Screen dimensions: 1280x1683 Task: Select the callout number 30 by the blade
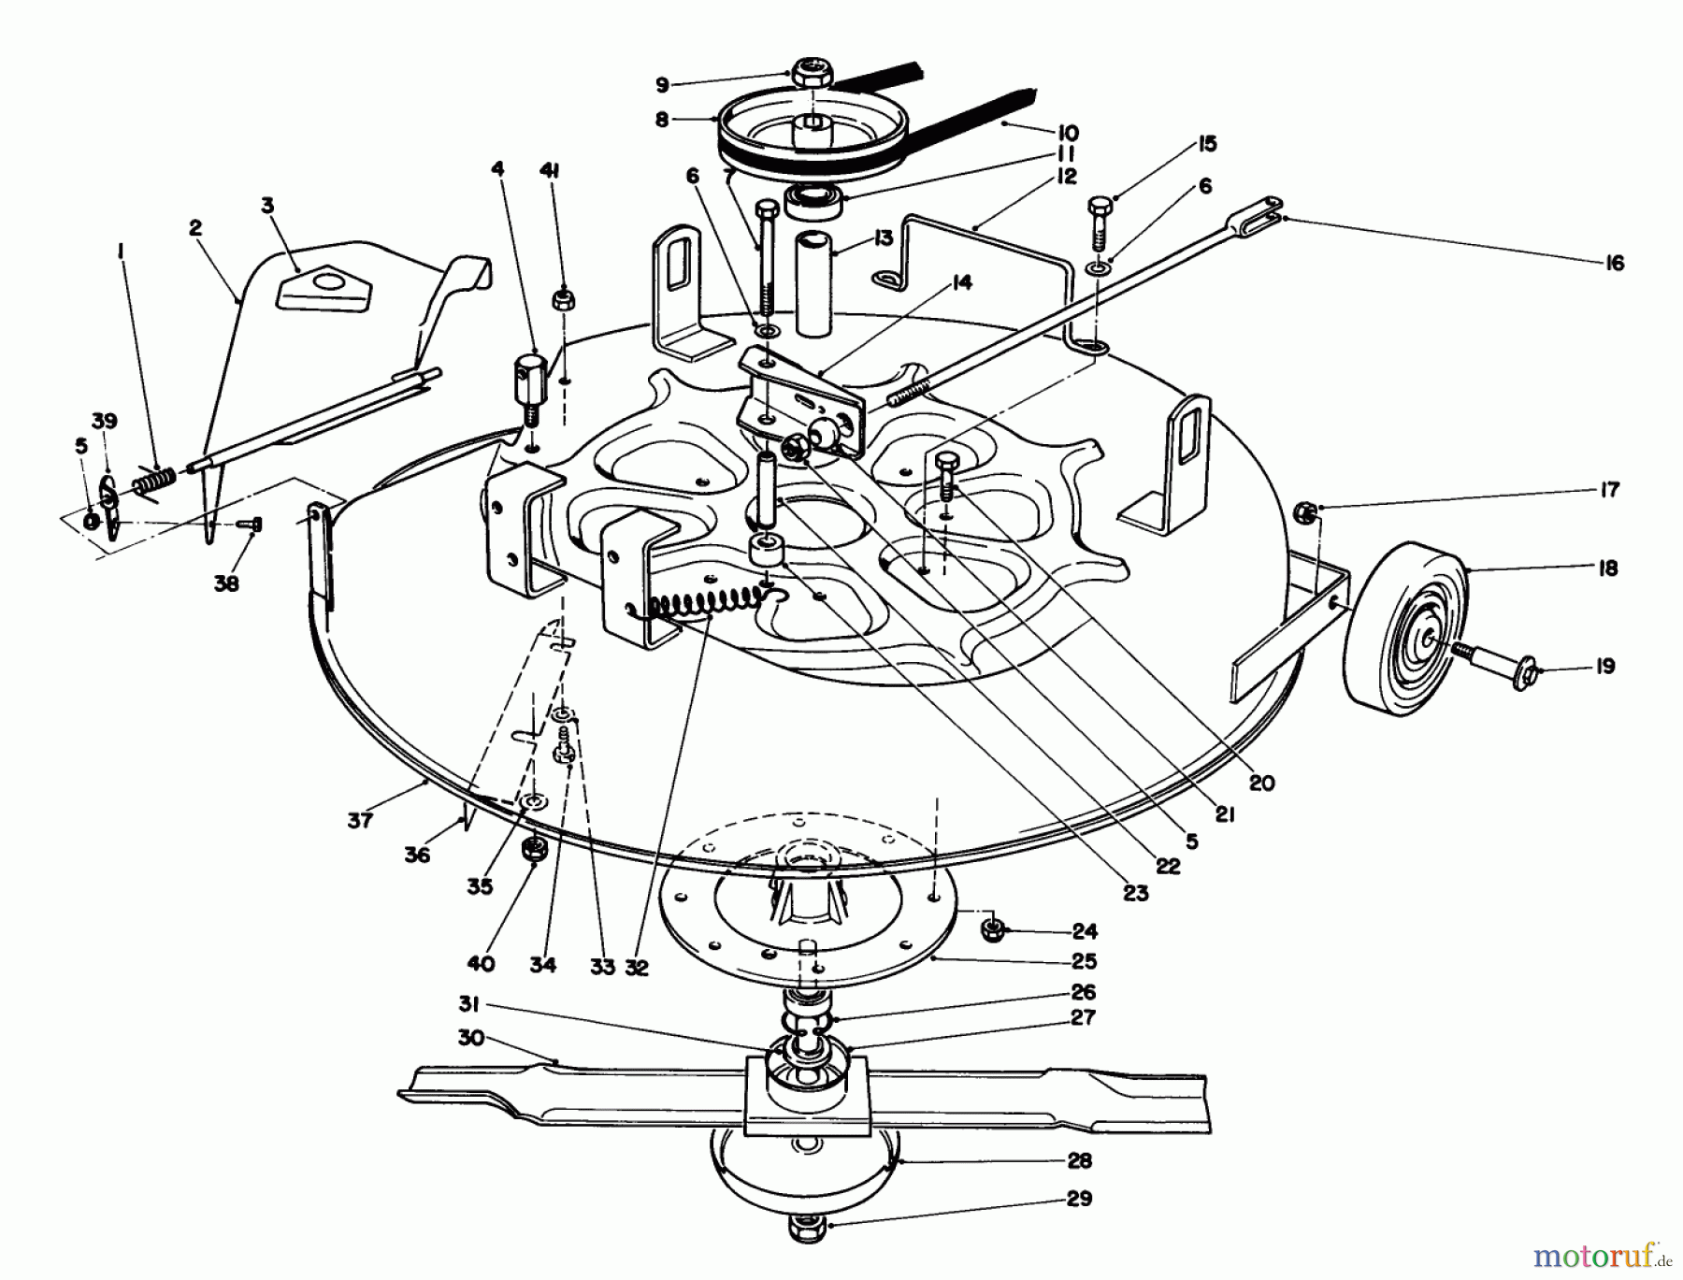click(x=471, y=1038)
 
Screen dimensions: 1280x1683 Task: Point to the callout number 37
click(x=360, y=820)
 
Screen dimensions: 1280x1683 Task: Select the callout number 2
click(x=195, y=227)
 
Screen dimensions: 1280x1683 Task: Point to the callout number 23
click(x=1135, y=893)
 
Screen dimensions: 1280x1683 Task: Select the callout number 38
click(x=226, y=583)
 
